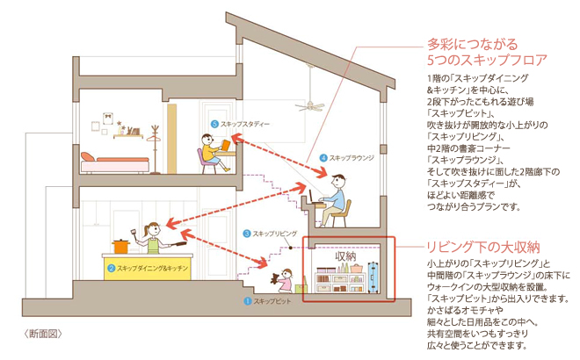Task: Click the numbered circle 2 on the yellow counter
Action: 112,267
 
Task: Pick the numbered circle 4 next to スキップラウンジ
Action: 323,158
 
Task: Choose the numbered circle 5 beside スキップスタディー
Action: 215,125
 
